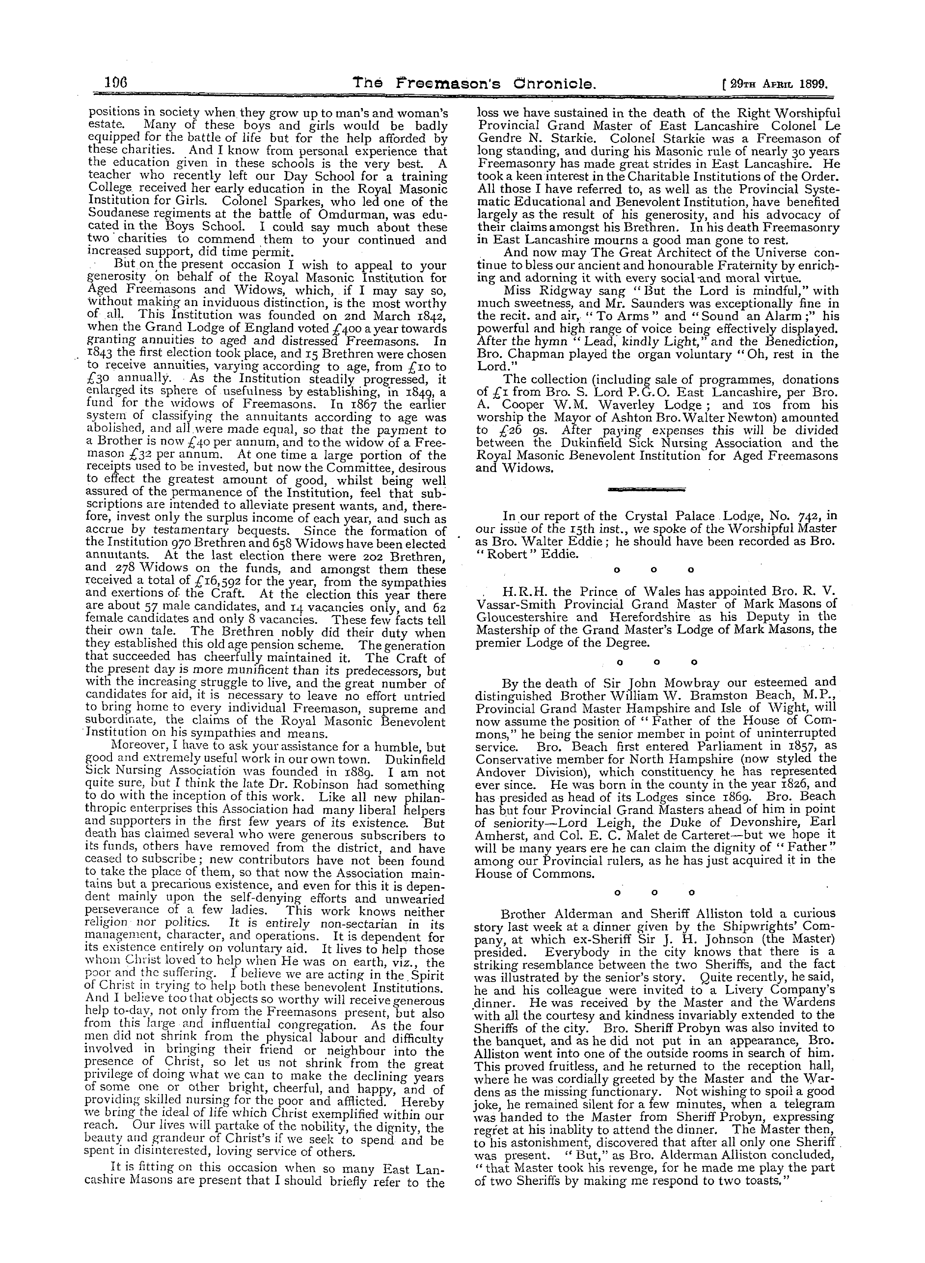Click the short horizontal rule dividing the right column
pos(646,489)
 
